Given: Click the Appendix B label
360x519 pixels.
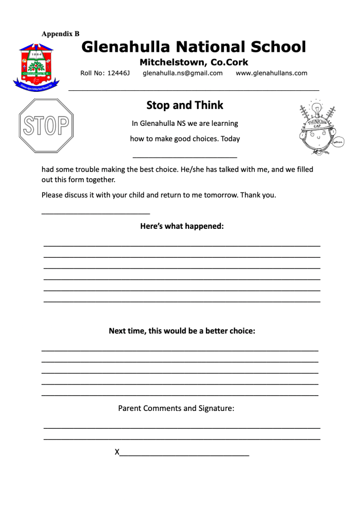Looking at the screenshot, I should [x=60, y=34].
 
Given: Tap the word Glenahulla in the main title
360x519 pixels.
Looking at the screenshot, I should [x=124, y=47].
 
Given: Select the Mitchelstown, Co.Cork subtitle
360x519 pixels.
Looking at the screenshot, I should [x=194, y=62].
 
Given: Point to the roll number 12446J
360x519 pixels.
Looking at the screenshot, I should [x=119, y=73].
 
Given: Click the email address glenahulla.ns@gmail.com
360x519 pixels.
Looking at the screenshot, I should [x=183, y=73].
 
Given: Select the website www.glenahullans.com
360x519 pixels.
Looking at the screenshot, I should [x=271, y=73].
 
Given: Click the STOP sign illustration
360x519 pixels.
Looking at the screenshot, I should [x=46, y=125].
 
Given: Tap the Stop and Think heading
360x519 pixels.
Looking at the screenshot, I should [x=185, y=106].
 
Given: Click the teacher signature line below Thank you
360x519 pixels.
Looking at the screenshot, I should [x=95, y=213].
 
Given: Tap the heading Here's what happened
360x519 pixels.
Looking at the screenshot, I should [x=182, y=226].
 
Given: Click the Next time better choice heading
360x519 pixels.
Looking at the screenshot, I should [x=182, y=331].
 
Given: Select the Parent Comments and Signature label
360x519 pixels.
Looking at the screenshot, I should [x=176, y=408].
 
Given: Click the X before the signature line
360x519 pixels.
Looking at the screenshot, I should [x=117, y=452].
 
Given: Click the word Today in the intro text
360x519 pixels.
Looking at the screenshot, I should [x=230, y=139].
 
